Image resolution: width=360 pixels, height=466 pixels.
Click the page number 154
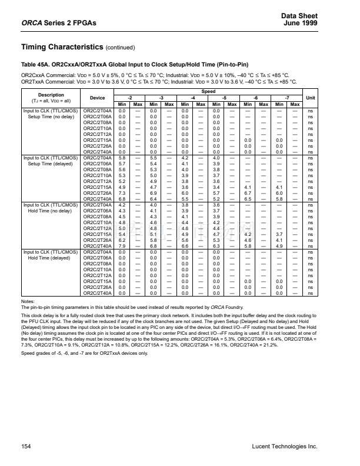pos(26,447)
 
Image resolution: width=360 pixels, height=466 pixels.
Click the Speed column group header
pos(209,92)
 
